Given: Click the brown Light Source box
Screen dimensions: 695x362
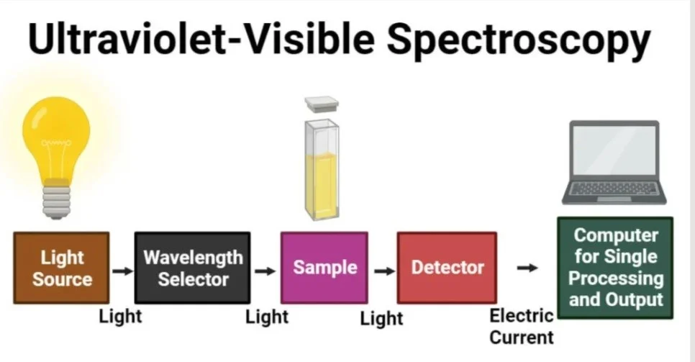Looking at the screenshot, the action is click(x=61, y=268).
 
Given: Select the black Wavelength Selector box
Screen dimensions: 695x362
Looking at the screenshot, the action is click(x=192, y=268).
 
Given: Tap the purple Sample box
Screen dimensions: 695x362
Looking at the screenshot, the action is click(x=324, y=268).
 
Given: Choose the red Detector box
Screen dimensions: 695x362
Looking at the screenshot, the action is click(x=447, y=268).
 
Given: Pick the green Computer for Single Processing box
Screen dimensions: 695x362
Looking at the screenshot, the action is click(x=615, y=268).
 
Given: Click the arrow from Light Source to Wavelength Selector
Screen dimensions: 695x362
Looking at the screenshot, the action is click(x=122, y=271).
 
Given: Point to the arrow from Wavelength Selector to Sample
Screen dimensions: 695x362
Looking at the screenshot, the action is click(x=265, y=271).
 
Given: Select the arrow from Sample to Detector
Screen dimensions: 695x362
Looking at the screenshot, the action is click(x=384, y=271).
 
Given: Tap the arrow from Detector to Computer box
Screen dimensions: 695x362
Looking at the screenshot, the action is click(x=527, y=268).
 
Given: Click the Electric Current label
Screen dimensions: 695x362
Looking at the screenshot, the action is click(x=522, y=327).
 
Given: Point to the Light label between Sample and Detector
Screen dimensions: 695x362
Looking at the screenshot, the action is click(x=381, y=319).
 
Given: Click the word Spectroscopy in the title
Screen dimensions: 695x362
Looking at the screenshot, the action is click(x=519, y=39).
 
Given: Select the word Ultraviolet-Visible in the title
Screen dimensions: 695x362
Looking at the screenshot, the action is click(x=201, y=37).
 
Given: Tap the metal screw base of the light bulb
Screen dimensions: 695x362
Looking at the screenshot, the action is click(x=56, y=202).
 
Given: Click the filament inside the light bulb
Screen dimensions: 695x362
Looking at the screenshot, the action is click(x=56, y=143).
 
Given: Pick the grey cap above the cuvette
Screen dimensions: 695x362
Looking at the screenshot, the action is click(x=322, y=104).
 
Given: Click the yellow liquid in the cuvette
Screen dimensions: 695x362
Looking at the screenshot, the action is click(x=322, y=186).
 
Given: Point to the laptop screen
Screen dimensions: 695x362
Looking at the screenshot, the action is click(x=614, y=150).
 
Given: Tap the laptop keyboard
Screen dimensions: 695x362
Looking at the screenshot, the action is click(x=614, y=188).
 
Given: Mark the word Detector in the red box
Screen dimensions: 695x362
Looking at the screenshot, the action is click(x=448, y=268).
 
